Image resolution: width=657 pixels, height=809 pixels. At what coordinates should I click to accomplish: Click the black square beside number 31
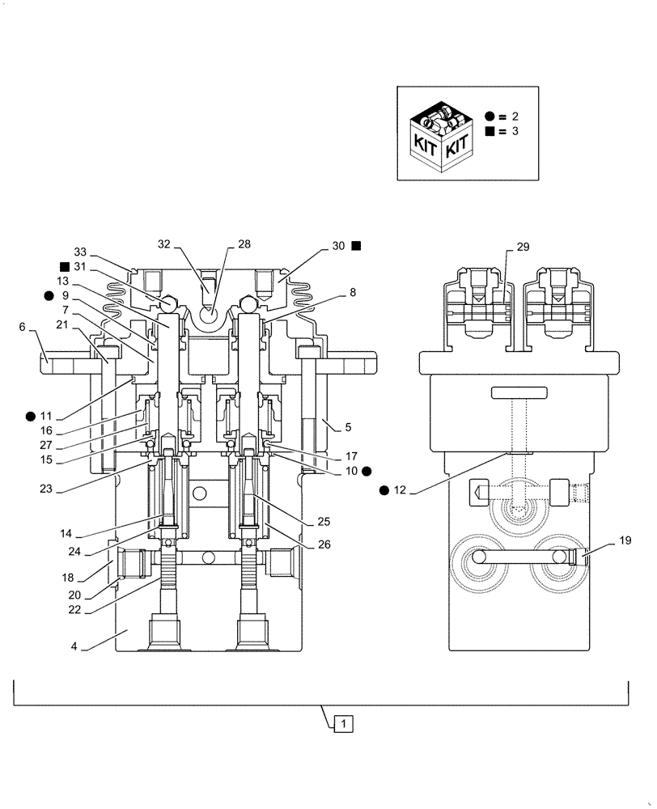pos(63,267)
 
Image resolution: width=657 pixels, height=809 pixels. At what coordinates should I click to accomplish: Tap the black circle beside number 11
pos(30,416)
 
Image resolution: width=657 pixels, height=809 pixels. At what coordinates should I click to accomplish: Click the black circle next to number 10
pos(367,470)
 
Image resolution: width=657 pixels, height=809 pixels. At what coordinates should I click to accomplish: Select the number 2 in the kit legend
pos(515,116)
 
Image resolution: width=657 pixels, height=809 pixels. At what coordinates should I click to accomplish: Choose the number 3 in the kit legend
pos(515,131)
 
